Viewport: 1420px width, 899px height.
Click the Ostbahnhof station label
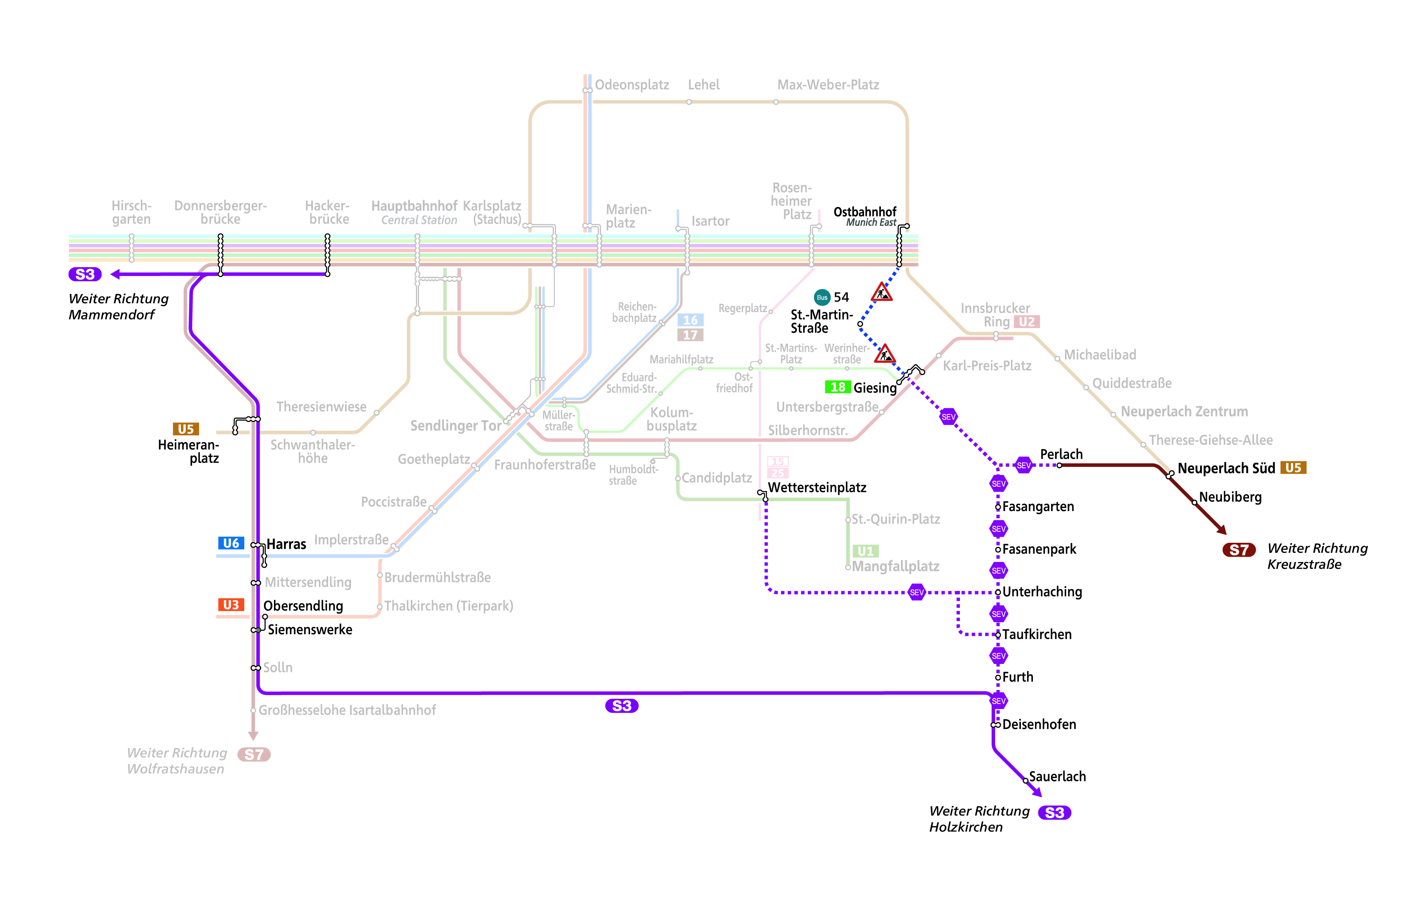coord(864,212)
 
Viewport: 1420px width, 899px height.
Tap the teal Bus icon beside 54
coord(822,297)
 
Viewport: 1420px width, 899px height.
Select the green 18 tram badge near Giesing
coord(838,387)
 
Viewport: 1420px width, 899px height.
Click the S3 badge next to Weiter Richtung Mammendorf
coord(85,274)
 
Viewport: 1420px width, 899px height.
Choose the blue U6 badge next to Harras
coord(231,543)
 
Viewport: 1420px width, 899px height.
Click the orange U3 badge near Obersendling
coord(231,605)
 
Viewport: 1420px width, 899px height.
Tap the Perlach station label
coord(1061,454)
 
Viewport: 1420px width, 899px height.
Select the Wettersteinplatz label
coord(817,487)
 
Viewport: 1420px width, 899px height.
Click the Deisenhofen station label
coord(1039,724)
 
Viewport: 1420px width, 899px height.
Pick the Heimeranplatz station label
coord(189,451)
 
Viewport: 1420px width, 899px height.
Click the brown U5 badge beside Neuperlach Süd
coord(1292,468)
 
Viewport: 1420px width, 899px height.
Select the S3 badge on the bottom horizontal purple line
coord(621,706)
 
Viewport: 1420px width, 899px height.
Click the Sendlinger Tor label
coord(455,425)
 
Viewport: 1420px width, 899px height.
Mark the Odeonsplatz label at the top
coord(631,85)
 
